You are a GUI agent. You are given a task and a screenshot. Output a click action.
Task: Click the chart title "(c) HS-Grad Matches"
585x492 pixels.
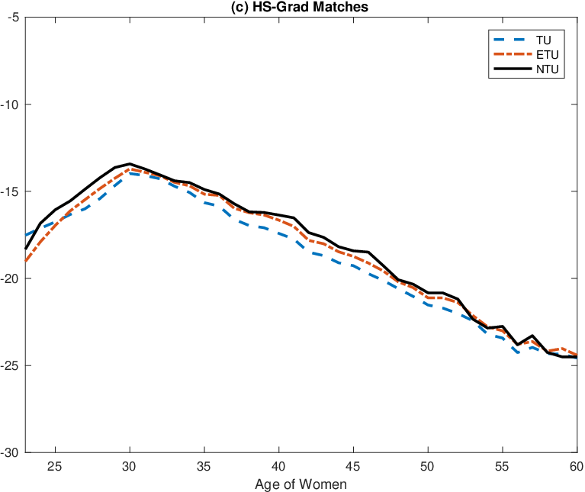(x=300, y=7)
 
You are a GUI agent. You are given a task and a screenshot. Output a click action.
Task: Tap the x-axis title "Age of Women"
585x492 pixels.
(x=301, y=484)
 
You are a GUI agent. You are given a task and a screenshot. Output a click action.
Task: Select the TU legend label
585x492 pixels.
(x=544, y=40)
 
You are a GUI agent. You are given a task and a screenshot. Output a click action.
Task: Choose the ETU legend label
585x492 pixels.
(x=548, y=55)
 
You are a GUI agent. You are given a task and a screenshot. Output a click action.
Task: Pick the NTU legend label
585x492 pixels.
(x=548, y=69)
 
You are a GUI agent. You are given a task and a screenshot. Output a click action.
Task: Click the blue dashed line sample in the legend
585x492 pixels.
(x=513, y=40)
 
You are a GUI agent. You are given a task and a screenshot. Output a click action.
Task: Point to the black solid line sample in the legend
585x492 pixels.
(x=513, y=69)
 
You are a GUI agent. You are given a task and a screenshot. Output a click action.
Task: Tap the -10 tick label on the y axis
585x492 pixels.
(x=10, y=105)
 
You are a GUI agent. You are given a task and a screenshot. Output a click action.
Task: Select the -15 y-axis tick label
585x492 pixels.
(x=10, y=191)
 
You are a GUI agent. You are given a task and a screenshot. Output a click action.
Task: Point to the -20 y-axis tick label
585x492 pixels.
(x=10, y=278)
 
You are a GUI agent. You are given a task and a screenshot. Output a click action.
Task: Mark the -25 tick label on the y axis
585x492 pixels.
(x=10, y=366)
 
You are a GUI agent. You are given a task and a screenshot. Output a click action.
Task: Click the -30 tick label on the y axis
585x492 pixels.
(x=10, y=453)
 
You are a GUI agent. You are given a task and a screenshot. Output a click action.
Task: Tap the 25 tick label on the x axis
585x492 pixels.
(x=55, y=466)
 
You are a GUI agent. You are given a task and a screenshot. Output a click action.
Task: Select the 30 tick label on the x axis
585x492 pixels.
(x=130, y=466)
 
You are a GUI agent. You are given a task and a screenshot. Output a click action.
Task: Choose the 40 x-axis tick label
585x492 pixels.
(x=278, y=466)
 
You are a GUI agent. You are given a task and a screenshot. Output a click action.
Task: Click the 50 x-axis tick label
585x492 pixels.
(x=428, y=466)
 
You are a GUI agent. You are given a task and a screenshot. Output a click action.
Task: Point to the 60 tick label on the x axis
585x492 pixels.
(x=577, y=466)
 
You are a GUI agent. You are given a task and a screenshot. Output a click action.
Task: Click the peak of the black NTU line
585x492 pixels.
(x=130, y=164)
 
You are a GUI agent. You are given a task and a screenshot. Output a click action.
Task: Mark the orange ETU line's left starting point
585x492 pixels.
(x=26, y=261)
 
